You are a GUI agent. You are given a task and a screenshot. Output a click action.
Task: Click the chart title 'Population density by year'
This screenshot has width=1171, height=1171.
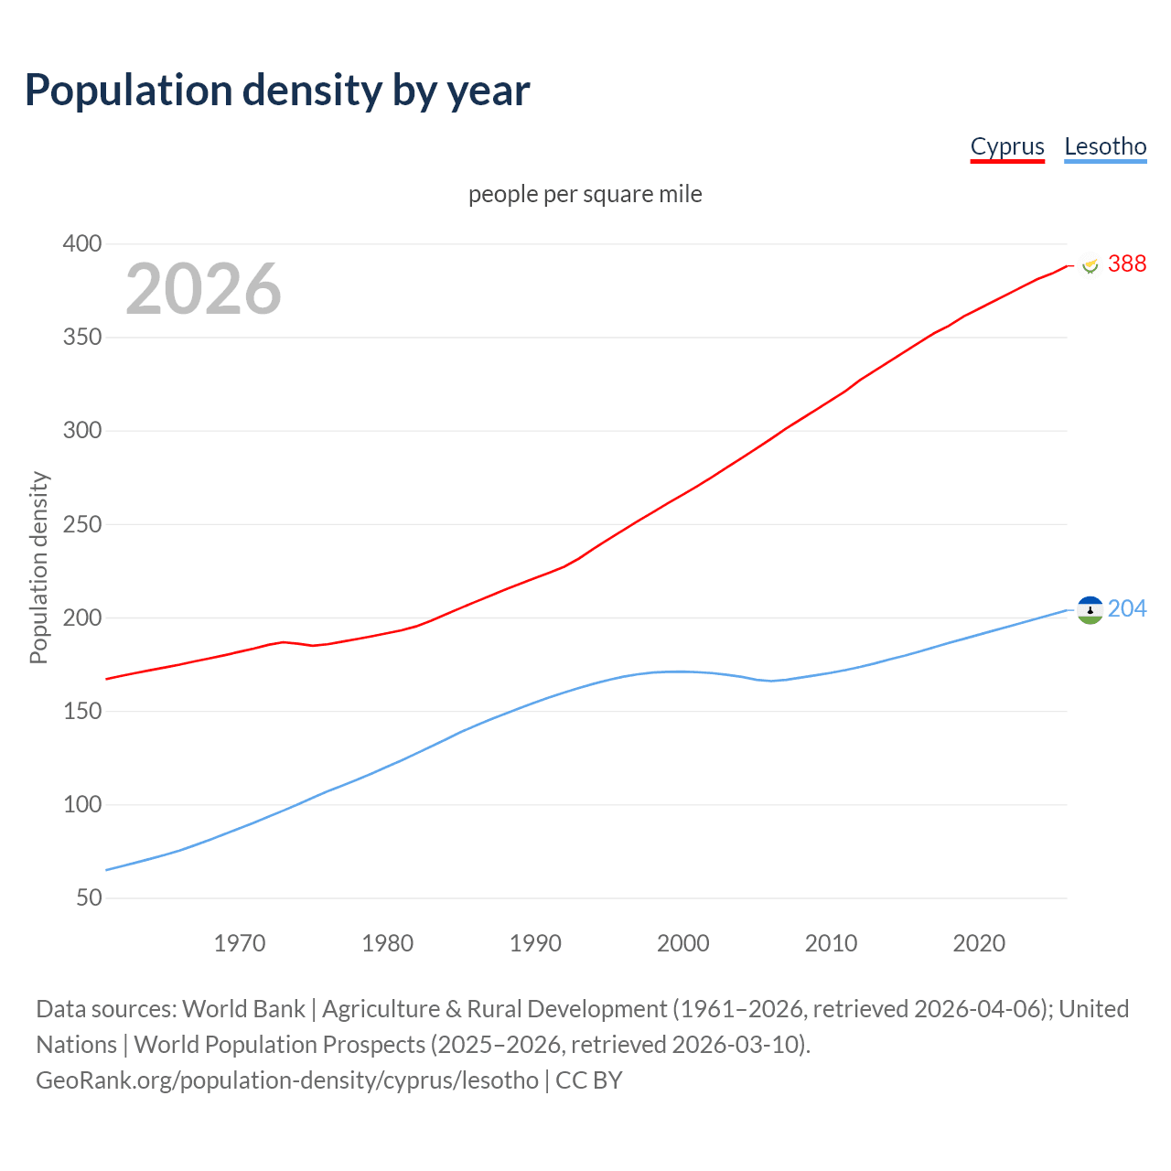coord(277,91)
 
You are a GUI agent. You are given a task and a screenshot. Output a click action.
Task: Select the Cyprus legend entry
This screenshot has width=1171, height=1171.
coord(1007,146)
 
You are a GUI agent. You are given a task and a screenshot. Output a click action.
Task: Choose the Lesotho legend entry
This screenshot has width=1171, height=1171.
coord(1105,146)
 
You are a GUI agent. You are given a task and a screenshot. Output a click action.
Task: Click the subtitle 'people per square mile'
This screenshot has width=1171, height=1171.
coord(585,195)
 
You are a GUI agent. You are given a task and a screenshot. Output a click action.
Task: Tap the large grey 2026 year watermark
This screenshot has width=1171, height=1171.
coord(203,289)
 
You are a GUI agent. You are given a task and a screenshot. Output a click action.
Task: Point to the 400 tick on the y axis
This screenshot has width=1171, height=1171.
coord(81,244)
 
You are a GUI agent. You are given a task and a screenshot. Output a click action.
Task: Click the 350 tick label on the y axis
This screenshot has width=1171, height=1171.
coord(81,338)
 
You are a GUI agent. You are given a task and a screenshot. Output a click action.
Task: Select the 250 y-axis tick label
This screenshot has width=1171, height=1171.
coord(81,525)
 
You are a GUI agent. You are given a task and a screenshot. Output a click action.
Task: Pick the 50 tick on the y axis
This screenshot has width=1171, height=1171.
coord(89,898)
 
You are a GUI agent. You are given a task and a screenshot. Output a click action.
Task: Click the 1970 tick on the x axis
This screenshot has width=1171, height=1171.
coord(240,943)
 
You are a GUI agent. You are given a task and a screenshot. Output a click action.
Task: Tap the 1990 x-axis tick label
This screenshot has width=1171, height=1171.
coord(535,943)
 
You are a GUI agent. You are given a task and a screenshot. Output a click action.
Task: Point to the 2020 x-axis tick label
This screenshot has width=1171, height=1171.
coord(979,943)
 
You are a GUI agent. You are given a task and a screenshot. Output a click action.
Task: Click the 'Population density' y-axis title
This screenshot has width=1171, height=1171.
coord(38,567)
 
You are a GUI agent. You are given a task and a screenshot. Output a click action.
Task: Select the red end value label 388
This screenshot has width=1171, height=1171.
coord(1126,264)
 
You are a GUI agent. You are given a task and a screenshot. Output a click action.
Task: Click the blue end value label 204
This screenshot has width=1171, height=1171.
coord(1126,609)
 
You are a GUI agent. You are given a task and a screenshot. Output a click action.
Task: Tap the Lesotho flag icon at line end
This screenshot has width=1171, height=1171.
coord(1090,610)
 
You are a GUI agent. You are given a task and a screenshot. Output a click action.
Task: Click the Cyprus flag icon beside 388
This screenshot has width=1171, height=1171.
coord(1090,265)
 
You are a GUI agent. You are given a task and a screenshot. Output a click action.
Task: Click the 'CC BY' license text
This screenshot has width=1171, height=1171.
coord(589,1080)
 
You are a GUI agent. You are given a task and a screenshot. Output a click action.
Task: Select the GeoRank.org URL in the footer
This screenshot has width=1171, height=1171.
coord(287,1080)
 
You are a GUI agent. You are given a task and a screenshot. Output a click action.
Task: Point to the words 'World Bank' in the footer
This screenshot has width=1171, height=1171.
coord(243,1009)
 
